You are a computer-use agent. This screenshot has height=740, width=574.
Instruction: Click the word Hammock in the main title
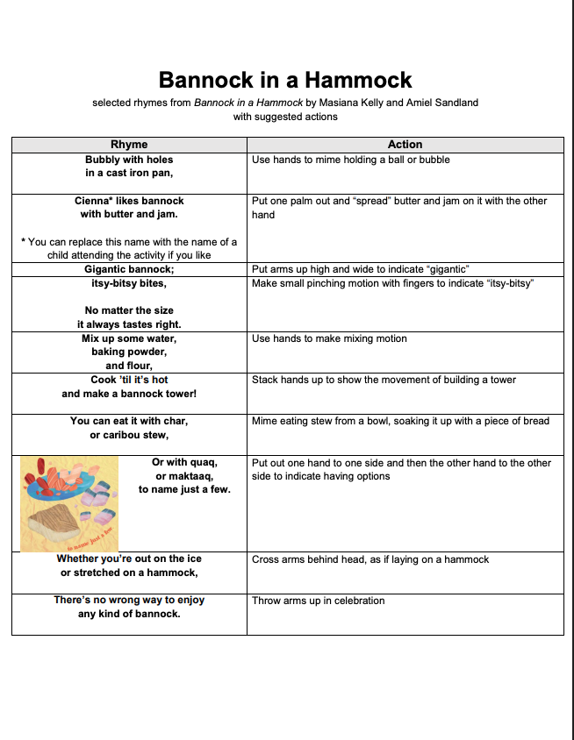355,81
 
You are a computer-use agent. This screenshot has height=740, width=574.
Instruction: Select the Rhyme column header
129,145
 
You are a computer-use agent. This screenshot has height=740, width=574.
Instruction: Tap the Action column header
405,145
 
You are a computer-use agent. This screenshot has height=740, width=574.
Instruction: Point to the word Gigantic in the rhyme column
105,269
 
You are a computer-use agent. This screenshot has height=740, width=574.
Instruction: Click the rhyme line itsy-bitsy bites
129,283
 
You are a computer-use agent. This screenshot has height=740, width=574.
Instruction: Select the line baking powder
129,352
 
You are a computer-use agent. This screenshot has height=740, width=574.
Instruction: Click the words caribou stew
136,435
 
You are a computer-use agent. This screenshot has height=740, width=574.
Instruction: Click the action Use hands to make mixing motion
329,338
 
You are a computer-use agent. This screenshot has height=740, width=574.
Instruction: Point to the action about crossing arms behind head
370,559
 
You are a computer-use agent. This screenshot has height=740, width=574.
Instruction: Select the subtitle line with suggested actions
285,117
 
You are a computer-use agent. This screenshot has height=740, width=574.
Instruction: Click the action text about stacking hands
384,380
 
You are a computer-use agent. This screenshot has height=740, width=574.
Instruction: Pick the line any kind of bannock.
129,614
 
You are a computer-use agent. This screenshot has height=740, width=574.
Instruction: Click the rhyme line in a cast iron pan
129,174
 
